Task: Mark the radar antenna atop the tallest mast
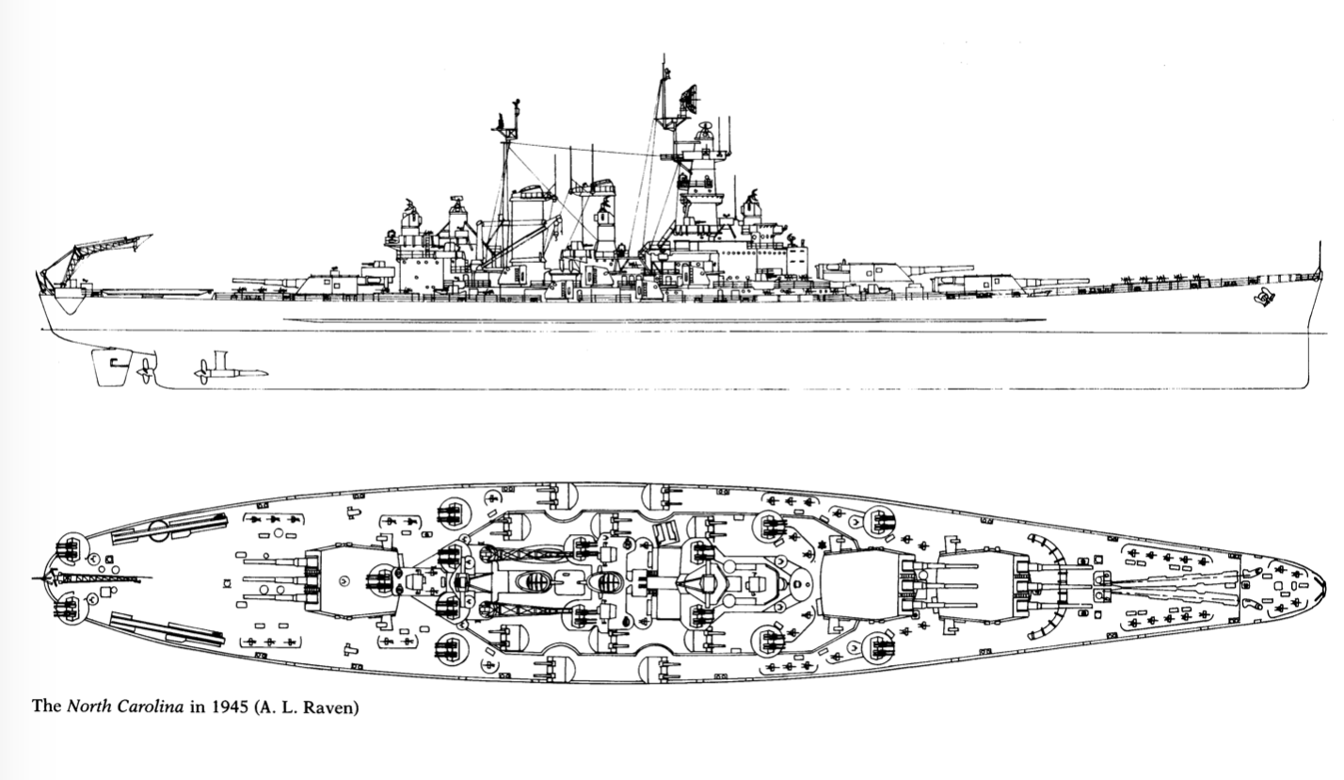tap(690, 95)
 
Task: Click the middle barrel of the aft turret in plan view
tap(273, 577)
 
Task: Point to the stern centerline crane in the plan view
tap(94, 577)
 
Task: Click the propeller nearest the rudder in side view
tap(146, 371)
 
